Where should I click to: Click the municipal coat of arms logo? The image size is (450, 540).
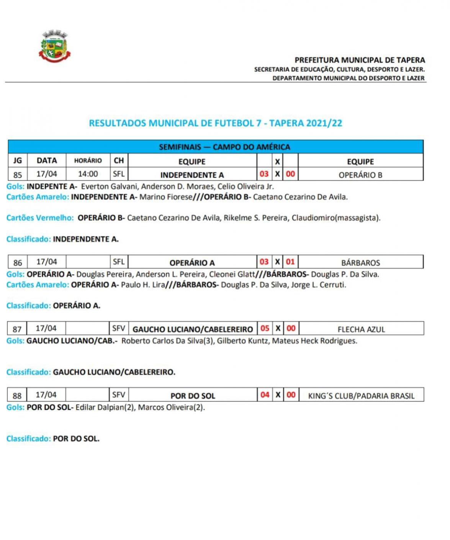55,46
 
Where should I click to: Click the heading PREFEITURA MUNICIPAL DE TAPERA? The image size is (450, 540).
359,60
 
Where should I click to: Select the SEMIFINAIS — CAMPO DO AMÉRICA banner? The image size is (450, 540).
224,147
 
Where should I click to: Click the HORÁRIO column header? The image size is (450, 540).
88,161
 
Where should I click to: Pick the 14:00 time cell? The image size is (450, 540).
88,174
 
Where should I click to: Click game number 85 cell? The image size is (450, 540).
18,175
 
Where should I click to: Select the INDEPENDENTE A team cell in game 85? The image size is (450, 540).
192,175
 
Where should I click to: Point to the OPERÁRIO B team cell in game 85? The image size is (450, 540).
360,175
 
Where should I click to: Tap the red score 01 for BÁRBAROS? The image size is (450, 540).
290,262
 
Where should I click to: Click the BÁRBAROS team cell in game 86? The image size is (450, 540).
360,263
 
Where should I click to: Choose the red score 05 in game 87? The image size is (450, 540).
265,328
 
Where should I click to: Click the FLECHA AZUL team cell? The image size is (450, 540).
361,329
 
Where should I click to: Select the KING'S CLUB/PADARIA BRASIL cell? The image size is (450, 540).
361,396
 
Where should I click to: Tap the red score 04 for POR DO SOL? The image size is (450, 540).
265,395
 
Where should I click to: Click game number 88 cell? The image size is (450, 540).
17,395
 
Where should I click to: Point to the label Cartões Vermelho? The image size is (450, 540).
40,218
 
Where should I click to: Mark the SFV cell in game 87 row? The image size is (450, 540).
119,328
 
